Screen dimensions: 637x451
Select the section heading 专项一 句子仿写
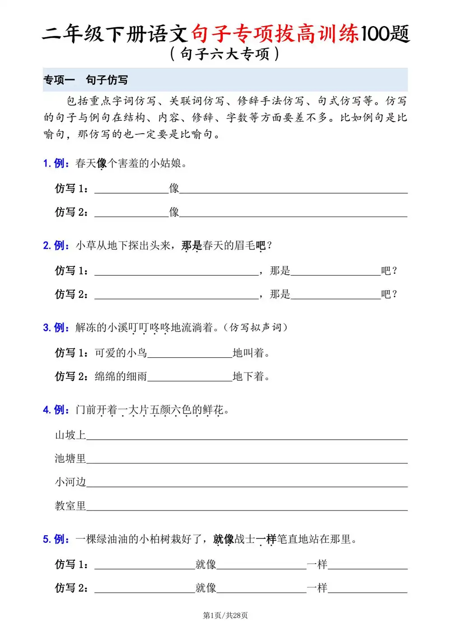[86, 80]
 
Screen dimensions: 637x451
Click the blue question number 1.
[46, 164]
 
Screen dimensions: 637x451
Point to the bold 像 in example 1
[102, 164]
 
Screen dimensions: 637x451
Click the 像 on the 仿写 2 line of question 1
[174, 212]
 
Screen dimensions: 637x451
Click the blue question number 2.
[46, 246]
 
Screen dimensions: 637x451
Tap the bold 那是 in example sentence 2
[192, 246]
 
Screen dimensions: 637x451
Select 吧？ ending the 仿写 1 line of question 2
[389, 271]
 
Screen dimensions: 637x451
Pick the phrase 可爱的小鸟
[121, 353]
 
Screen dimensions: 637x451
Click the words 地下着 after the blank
[251, 377]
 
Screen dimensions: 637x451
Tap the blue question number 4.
[46, 410]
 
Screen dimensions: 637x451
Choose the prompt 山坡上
[70, 435]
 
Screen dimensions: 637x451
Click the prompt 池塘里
[70, 459]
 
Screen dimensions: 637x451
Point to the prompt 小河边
[70, 482]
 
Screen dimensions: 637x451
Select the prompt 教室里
[70, 505]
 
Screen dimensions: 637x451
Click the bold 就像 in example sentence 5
[224, 539]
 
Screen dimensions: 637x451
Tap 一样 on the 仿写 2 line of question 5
[317, 588]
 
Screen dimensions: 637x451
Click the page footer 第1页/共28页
[225, 615]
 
